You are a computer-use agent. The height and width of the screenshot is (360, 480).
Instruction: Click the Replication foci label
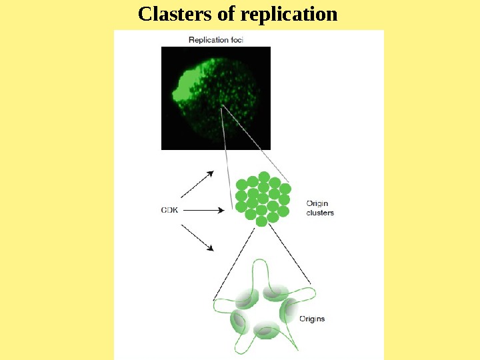(216, 40)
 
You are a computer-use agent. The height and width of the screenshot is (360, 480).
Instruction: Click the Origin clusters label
(319, 208)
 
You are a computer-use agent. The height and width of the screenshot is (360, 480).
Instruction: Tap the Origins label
(311, 319)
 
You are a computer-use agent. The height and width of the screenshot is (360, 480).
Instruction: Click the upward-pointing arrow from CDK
(199, 182)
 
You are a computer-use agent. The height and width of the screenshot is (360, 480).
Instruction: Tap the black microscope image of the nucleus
(216, 98)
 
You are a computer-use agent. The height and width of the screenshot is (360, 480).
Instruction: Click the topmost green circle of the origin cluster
(264, 177)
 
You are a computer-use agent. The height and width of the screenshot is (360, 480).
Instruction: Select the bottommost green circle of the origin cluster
(261, 220)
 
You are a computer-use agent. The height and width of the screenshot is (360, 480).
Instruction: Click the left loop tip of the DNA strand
(217, 306)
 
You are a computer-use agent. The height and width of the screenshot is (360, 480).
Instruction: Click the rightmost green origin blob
(291, 309)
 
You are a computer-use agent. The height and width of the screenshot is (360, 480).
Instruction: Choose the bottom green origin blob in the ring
(266, 329)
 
